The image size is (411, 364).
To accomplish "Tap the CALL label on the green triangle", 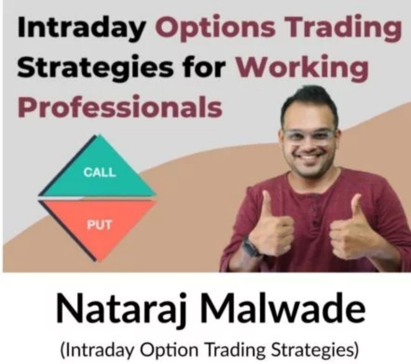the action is click(99, 172).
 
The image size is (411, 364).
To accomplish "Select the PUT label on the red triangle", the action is click(99, 225).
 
